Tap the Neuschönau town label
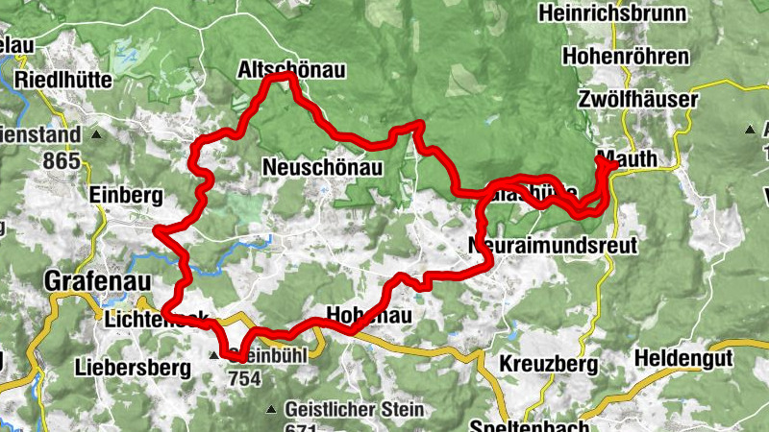point(322,168)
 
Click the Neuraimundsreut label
point(553,246)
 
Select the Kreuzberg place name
point(548,365)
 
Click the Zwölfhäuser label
point(637,99)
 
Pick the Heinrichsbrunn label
point(613,13)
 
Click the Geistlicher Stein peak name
point(354,409)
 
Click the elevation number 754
point(245,378)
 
